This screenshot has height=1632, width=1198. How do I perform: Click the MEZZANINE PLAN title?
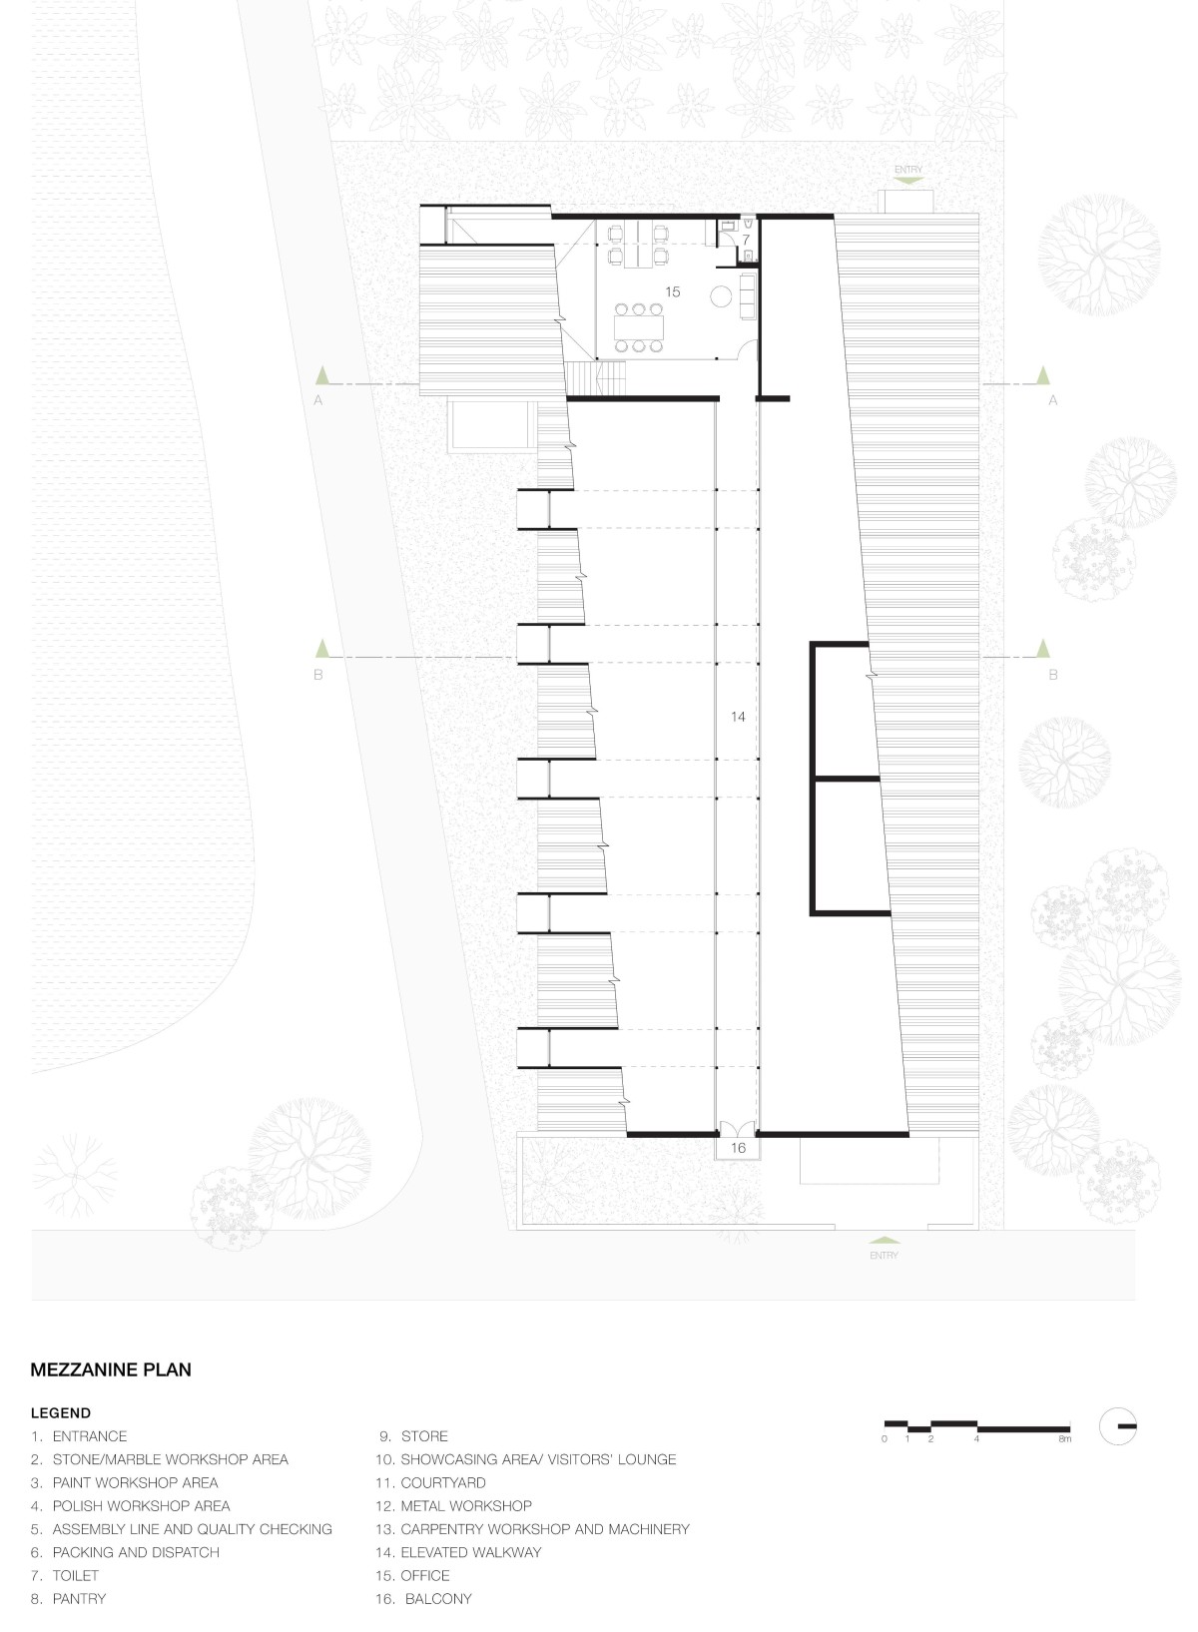111,1369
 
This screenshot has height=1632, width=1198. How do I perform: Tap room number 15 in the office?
672,292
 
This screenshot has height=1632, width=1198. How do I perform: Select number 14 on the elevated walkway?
738,717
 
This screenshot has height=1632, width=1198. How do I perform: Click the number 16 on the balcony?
738,1148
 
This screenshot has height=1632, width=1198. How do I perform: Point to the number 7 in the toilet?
746,239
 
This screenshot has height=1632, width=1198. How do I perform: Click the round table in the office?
721,295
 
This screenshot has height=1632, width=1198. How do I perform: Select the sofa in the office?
749,295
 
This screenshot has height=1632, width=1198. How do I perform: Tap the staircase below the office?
583,379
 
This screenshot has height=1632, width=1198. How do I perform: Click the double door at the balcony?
738,1129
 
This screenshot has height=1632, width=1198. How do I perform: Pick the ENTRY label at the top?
907,170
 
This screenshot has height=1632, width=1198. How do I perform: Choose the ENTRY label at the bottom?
884,1256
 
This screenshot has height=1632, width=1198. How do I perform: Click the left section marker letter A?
317,400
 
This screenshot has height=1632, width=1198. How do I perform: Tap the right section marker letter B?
1052,675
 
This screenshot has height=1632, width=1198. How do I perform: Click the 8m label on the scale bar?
1064,1439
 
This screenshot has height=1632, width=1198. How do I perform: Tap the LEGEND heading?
61,1412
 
